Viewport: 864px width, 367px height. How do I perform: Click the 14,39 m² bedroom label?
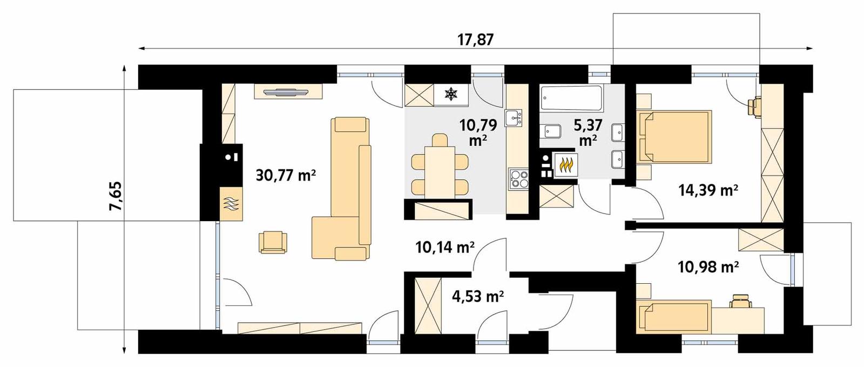(x=708, y=190)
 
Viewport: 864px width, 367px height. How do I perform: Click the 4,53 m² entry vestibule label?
(x=478, y=296)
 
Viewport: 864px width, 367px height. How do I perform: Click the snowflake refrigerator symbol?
(x=450, y=96)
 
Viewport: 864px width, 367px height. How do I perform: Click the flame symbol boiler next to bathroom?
(x=566, y=165)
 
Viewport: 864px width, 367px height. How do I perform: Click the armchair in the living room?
(x=273, y=242)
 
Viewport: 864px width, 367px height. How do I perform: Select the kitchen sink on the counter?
(x=513, y=117)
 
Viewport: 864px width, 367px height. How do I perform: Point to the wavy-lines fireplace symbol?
(x=231, y=204)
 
